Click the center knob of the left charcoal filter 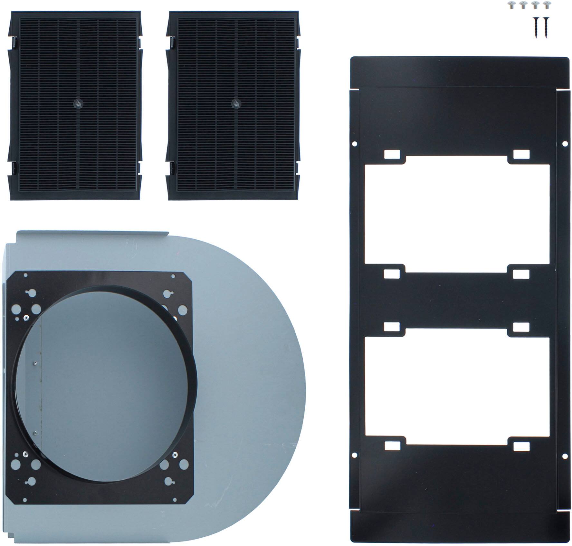click(78, 104)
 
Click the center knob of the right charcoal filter click(236, 104)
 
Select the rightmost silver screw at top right click(545, 5)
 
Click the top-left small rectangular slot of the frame click(392, 154)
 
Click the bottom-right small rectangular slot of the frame click(521, 446)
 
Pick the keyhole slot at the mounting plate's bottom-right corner click(169, 481)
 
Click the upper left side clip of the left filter click(14, 42)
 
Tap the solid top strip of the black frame click(459, 72)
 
